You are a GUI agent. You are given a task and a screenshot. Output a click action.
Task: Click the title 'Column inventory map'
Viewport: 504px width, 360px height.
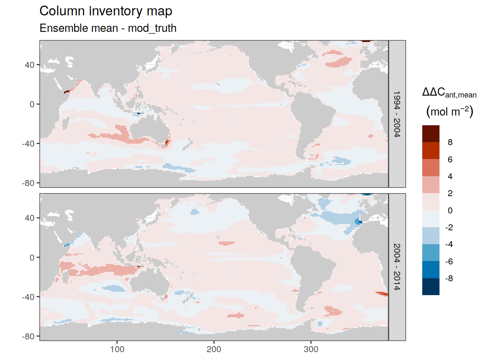click(x=106, y=11)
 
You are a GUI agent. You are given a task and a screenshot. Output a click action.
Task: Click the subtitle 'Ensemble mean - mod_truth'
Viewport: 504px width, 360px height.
click(x=108, y=28)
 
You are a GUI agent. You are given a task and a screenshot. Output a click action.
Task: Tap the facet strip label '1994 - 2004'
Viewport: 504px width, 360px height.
click(x=397, y=114)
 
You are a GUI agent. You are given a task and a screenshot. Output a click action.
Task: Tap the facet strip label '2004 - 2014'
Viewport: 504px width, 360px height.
click(x=397, y=267)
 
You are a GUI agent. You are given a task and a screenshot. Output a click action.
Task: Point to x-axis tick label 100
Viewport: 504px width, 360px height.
click(x=117, y=349)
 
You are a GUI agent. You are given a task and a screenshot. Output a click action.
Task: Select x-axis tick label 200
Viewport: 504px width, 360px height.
click(x=214, y=349)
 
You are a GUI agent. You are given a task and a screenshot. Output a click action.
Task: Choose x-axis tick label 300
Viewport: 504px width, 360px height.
click(x=311, y=349)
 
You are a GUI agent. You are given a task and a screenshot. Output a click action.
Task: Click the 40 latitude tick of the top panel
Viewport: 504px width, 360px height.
click(x=30, y=65)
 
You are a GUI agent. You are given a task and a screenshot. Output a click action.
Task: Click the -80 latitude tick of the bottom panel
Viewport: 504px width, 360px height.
click(x=28, y=337)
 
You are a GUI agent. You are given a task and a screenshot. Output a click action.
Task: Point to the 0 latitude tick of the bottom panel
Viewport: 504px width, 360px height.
click(x=32, y=258)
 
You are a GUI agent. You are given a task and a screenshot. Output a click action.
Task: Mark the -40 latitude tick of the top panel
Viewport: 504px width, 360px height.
click(x=28, y=144)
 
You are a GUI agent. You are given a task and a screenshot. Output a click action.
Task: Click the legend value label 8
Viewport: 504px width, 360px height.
click(x=450, y=142)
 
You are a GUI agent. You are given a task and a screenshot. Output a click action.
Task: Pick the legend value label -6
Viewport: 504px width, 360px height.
click(x=449, y=261)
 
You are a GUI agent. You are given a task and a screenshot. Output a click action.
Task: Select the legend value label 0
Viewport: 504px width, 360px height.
click(x=450, y=210)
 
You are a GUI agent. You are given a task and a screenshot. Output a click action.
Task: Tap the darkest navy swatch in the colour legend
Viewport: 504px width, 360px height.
click(x=430, y=286)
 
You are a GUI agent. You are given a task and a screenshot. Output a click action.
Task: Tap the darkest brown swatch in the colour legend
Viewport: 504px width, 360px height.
click(x=430, y=133)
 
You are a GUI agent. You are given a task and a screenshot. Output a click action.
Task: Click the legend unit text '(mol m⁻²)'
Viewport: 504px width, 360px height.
click(x=450, y=111)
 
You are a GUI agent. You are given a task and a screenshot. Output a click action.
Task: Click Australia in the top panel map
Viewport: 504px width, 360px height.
click(x=149, y=126)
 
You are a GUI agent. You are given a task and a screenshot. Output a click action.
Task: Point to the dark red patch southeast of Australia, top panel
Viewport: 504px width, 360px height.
click(x=167, y=142)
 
